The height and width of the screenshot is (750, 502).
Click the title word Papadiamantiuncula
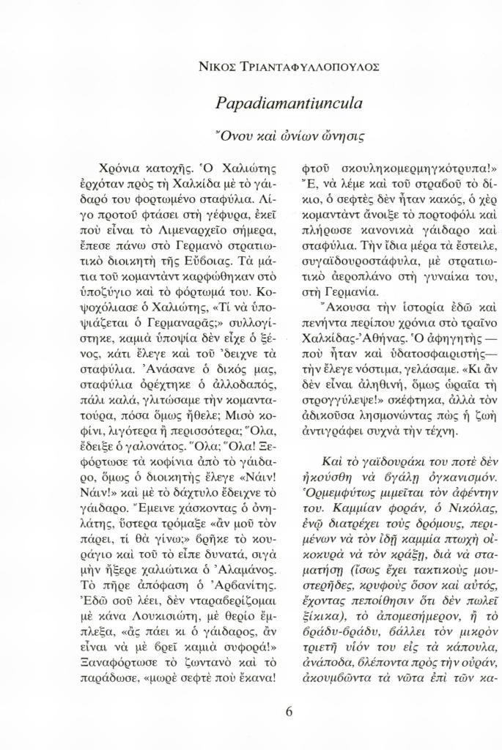tap(290, 103)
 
